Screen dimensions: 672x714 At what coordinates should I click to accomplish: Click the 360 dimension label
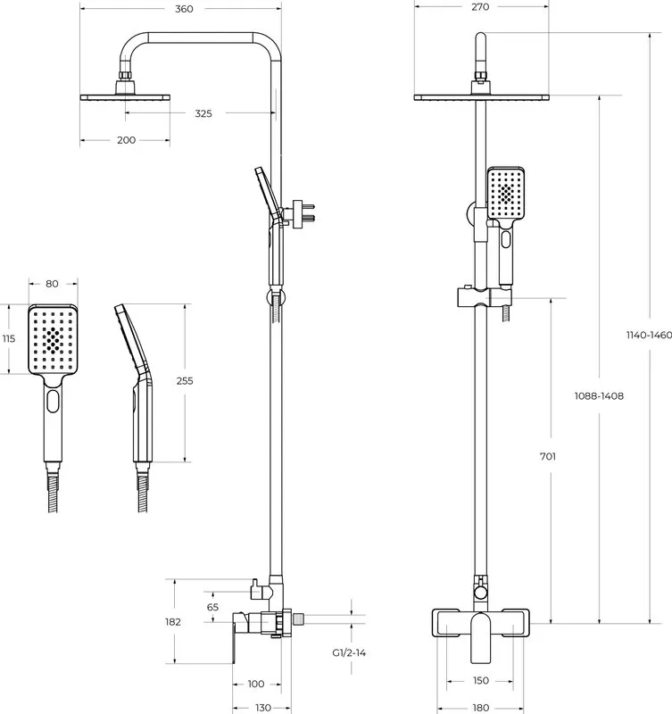click(x=184, y=9)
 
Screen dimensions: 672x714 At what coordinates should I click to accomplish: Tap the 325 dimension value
click(x=203, y=113)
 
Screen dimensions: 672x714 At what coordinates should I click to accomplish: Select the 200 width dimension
click(x=126, y=140)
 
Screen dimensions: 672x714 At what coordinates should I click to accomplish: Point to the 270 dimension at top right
click(x=480, y=7)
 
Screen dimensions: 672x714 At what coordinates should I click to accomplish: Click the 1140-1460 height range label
click(x=649, y=336)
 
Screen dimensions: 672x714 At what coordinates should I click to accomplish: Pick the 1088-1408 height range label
click(x=599, y=396)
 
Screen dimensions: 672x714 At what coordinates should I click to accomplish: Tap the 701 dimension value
click(x=548, y=456)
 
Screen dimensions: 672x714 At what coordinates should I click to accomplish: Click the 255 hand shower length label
click(x=185, y=381)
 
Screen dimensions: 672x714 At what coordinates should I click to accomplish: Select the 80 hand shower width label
click(x=52, y=284)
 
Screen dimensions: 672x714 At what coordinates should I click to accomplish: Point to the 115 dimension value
click(x=9, y=338)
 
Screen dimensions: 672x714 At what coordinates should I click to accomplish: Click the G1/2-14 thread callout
click(x=349, y=652)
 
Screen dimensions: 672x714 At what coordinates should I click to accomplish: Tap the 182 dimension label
click(x=173, y=621)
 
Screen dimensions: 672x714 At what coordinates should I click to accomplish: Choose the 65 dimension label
click(x=212, y=607)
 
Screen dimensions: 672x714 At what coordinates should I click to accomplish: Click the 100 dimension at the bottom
click(x=256, y=684)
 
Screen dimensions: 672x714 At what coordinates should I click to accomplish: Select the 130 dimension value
click(x=262, y=708)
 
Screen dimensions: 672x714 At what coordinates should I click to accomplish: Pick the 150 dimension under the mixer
click(x=480, y=680)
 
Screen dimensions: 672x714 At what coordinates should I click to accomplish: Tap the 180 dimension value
click(x=480, y=708)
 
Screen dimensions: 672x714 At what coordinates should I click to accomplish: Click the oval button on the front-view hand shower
click(x=505, y=239)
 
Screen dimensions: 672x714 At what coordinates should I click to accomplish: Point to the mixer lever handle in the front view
click(x=480, y=637)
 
